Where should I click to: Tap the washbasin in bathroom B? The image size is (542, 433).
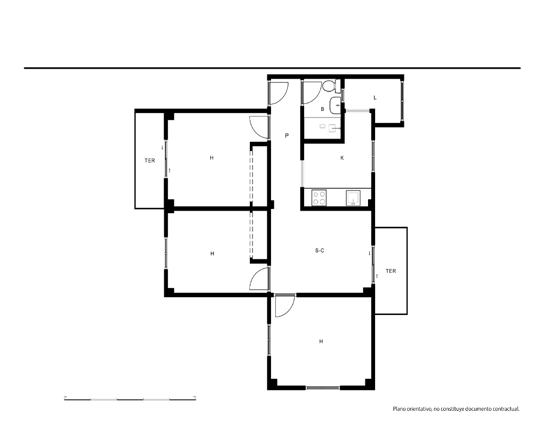tap(335, 106)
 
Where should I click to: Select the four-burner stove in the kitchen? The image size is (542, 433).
tap(319, 198)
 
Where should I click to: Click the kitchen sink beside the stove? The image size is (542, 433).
tap(353, 198)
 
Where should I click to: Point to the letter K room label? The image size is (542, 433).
tap(342, 158)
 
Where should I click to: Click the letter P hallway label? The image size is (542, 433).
tap(287, 136)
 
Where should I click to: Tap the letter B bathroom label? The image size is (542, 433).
tap(322, 109)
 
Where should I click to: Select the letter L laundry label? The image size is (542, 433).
tap(375, 98)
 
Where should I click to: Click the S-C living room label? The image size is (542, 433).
tap(320, 251)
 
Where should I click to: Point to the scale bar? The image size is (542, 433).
tap(130, 399)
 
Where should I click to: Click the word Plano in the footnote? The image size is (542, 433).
tap(399, 409)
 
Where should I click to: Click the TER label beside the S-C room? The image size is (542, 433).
tap(391, 271)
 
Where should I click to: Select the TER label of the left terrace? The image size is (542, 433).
tap(150, 161)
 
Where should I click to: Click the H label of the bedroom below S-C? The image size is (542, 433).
tap(321, 342)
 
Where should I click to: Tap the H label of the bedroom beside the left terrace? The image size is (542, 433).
tap(211, 158)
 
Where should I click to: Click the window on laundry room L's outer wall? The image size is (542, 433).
tap(402, 101)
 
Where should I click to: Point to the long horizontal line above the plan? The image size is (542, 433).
tap(273, 68)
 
